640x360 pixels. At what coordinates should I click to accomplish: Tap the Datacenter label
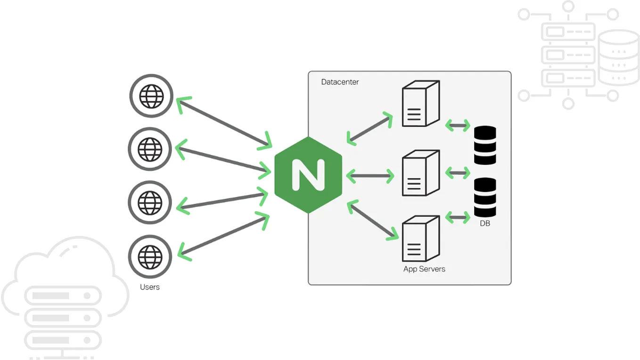pyautogui.click(x=340, y=82)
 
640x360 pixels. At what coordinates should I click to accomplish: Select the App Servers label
pyautogui.click(x=424, y=269)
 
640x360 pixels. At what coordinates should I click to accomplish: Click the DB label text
pyautogui.click(x=485, y=223)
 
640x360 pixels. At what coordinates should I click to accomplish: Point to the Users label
pyautogui.click(x=150, y=287)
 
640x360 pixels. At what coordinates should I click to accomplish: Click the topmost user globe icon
pyautogui.click(x=151, y=96)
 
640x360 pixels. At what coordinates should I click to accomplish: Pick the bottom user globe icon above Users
pyautogui.click(x=150, y=257)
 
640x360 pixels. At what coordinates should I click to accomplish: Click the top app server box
pyautogui.click(x=420, y=104)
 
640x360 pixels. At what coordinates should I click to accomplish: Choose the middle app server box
pyautogui.click(x=420, y=173)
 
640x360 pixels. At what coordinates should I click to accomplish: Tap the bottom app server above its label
pyautogui.click(x=420, y=238)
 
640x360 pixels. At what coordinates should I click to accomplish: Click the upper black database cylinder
pyautogui.click(x=485, y=145)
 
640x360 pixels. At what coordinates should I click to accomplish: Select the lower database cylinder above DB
pyautogui.click(x=485, y=197)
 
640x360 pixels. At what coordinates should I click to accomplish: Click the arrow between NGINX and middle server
pyautogui.click(x=370, y=176)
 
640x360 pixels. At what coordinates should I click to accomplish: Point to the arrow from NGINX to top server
pyautogui.click(x=370, y=128)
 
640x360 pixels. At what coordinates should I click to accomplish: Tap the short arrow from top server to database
pyautogui.click(x=458, y=125)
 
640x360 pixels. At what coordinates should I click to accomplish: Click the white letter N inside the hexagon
pyautogui.click(x=308, y=175)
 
